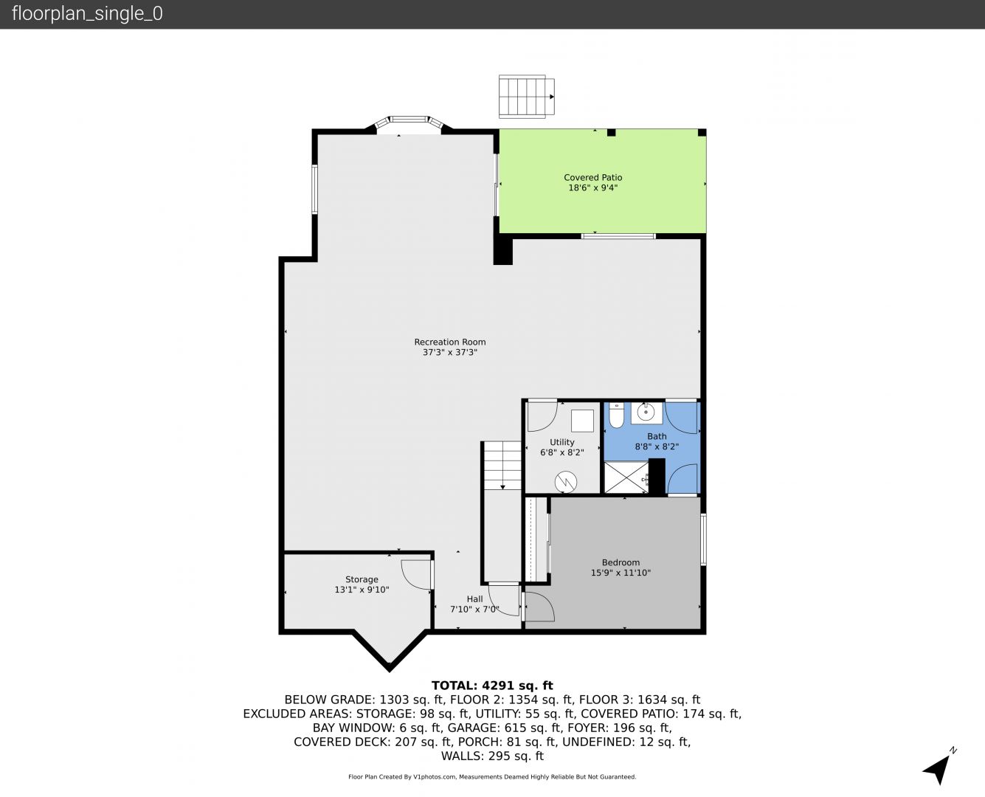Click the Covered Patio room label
(593, 178)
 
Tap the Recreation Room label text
(450, 342)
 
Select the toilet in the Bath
(616, 415)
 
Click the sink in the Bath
(646, 413)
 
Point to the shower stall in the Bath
(627, 477)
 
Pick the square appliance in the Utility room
(582, 421)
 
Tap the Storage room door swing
(416, 575)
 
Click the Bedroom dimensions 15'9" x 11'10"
(621, 573)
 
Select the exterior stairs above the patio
(527, 97)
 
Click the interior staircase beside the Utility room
(502, 466)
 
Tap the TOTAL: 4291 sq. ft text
(492, 686)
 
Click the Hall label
(474, 599)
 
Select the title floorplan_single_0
(87, 14)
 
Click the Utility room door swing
(542, 417)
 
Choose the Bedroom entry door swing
(539, 607)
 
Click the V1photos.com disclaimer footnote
(492, 776)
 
